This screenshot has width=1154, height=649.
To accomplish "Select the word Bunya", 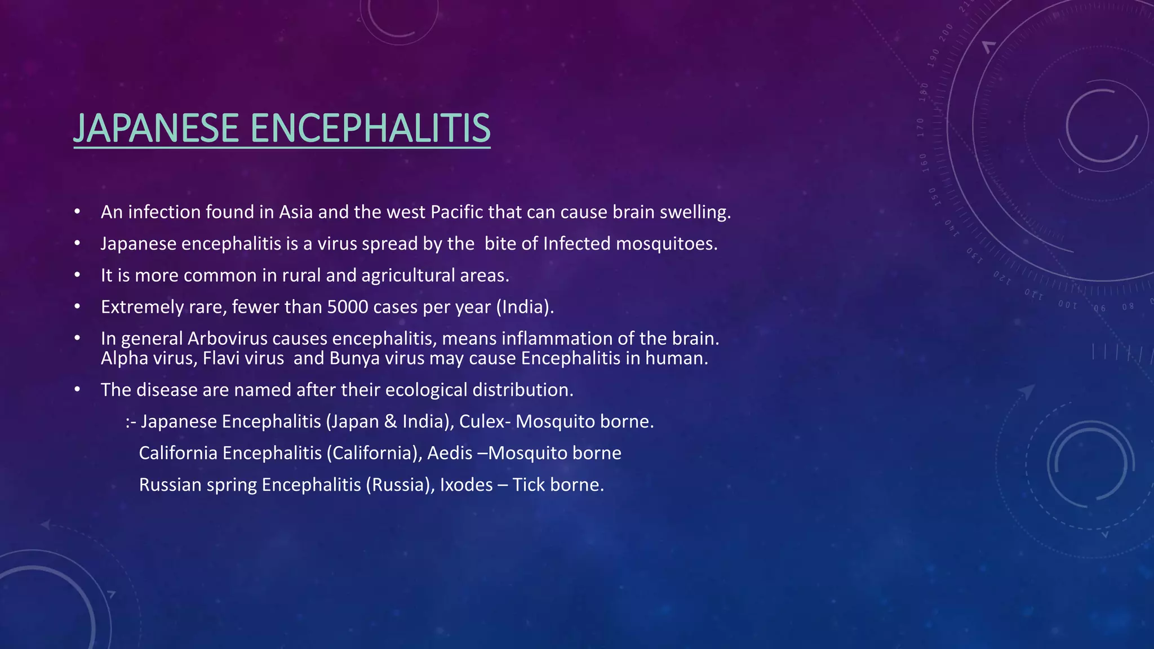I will tap(354, 358).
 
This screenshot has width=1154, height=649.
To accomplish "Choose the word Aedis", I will tap(450, 453).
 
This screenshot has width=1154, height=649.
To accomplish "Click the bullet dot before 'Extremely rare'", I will tap(77, 307).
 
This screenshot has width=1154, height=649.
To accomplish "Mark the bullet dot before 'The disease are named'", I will tap(77, 390).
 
